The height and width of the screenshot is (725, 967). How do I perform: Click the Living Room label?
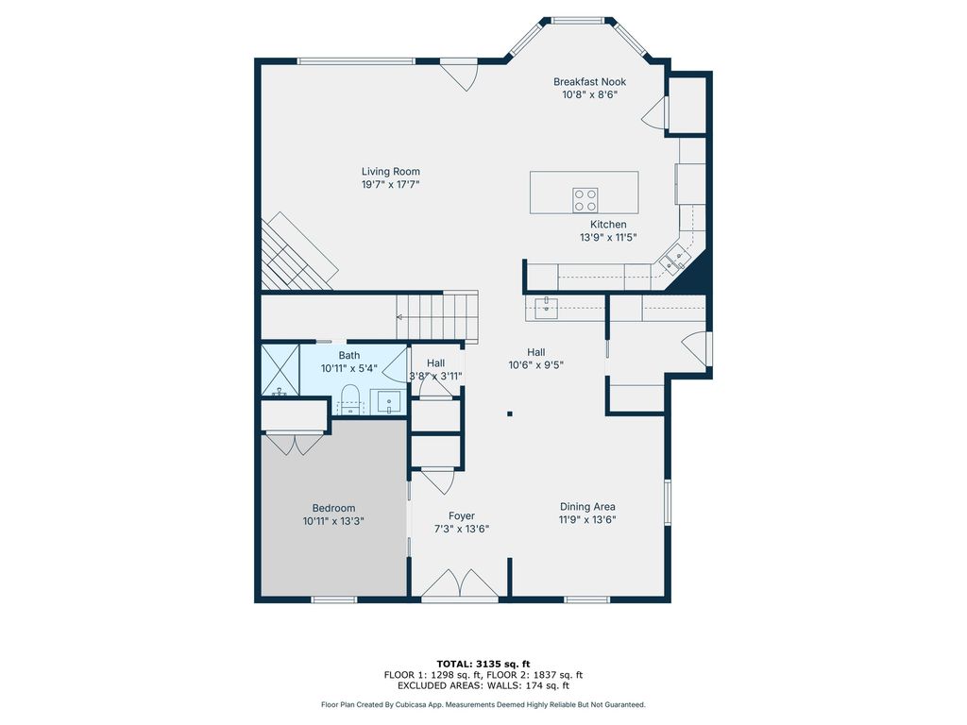click(x=390, y=172)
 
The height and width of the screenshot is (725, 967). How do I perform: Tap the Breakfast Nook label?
click(x=589, y=81)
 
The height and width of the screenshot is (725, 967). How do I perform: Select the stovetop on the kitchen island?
click(x=585, y=200)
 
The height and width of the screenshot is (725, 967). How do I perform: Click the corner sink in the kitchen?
click(x=673, y=259)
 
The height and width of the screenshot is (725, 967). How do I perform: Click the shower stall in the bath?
click(x=280, y=370)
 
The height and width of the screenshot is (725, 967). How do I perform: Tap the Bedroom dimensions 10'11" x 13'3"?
click(x=333, y=521)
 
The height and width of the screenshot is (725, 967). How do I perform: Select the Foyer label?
click(x=461, y=516)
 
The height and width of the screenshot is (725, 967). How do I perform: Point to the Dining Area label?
click(x=587, y=507)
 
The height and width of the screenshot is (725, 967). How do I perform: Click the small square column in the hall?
click(x=510, y=413)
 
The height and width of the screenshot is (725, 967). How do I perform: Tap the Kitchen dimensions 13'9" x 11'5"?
click(x=608, y=237)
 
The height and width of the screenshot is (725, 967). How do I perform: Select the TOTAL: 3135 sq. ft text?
click(x=483, y=664)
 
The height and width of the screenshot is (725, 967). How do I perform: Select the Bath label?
click(x=349, y=355)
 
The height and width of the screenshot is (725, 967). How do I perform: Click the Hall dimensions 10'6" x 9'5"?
click(x=536, y=365)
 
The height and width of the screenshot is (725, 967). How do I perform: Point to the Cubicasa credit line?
click(x=483, y=704)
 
